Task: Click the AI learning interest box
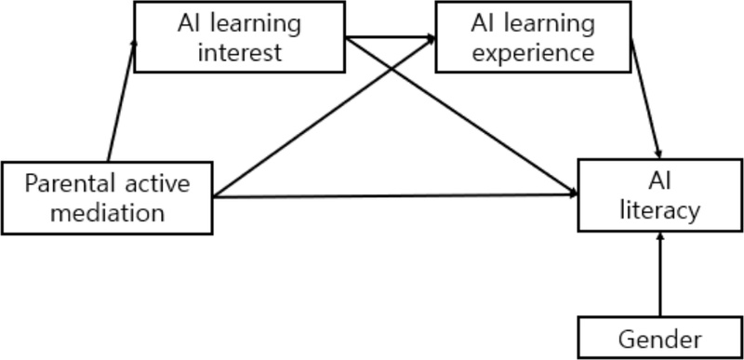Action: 239,36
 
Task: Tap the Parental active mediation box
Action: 107,198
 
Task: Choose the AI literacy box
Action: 661,196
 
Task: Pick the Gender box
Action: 661,339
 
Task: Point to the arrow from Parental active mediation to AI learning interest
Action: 121,102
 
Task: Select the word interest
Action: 239,51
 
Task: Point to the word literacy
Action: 661,211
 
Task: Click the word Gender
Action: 661,339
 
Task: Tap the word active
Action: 157,183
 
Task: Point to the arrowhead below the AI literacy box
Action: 661,239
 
